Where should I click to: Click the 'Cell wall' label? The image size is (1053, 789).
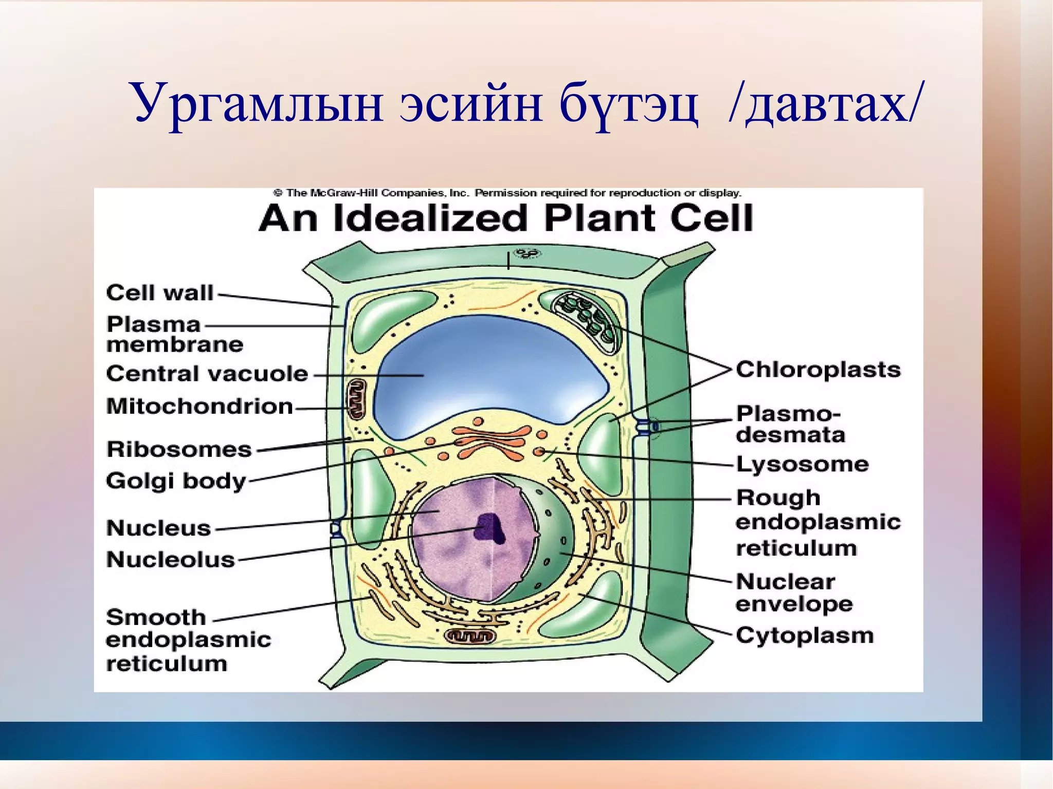pos(159,292)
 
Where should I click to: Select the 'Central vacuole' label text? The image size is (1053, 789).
pos(207,374)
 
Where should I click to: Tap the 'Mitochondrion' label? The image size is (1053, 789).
pos(199,406)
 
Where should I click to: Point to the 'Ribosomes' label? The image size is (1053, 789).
pos(179,449)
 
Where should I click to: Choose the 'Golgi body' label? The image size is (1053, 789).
pos(176,481)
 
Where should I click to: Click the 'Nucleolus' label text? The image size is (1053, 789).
pos(170,559)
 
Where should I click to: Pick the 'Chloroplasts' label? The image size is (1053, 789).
pos(818,370)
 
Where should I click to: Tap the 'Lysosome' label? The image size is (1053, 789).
pos(802,464)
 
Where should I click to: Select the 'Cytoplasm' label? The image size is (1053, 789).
pos(805,635)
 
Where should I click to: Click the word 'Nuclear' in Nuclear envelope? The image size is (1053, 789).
pos(785,582)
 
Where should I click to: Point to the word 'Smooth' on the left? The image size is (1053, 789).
pos(156,617)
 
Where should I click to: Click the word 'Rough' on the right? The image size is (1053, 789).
pos(778,498)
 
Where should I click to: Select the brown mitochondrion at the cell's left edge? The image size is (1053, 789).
pos(356,399)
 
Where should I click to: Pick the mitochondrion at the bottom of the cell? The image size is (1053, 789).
pos(469,636)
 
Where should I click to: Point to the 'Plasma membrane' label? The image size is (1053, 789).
pos(174,334)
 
